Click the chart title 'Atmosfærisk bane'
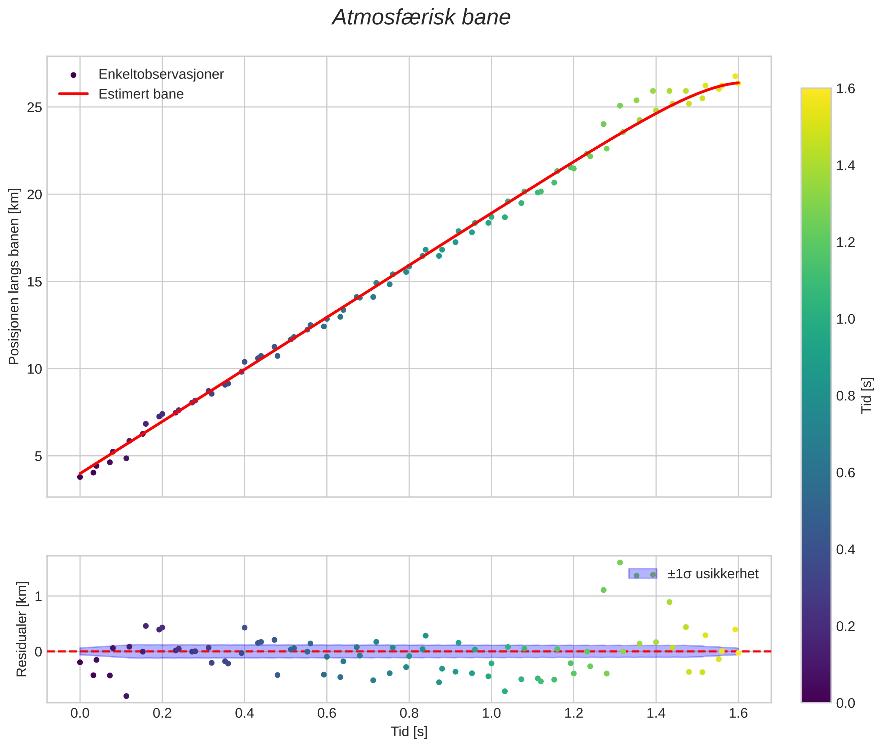pyautogui.click(x=421, y=18)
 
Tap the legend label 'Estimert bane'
pyautogui.click(x=141, y=94)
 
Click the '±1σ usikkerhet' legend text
pyautogui.click(x=713, y=574)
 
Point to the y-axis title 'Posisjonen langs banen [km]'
pyautogui.click(x=14, y=276)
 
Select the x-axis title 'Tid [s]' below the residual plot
pyautogui.click(x=409, y=731)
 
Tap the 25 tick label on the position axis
pyautogui.click(x=35, y=107)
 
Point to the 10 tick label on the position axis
pyautogui.click(x=35, y=369)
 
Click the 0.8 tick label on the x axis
pyautogui.click(x=409, y=713)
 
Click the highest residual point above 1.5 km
pyautogui.click(x=620, y=562)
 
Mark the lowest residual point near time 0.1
pyautogui.click(x=126, y=696)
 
